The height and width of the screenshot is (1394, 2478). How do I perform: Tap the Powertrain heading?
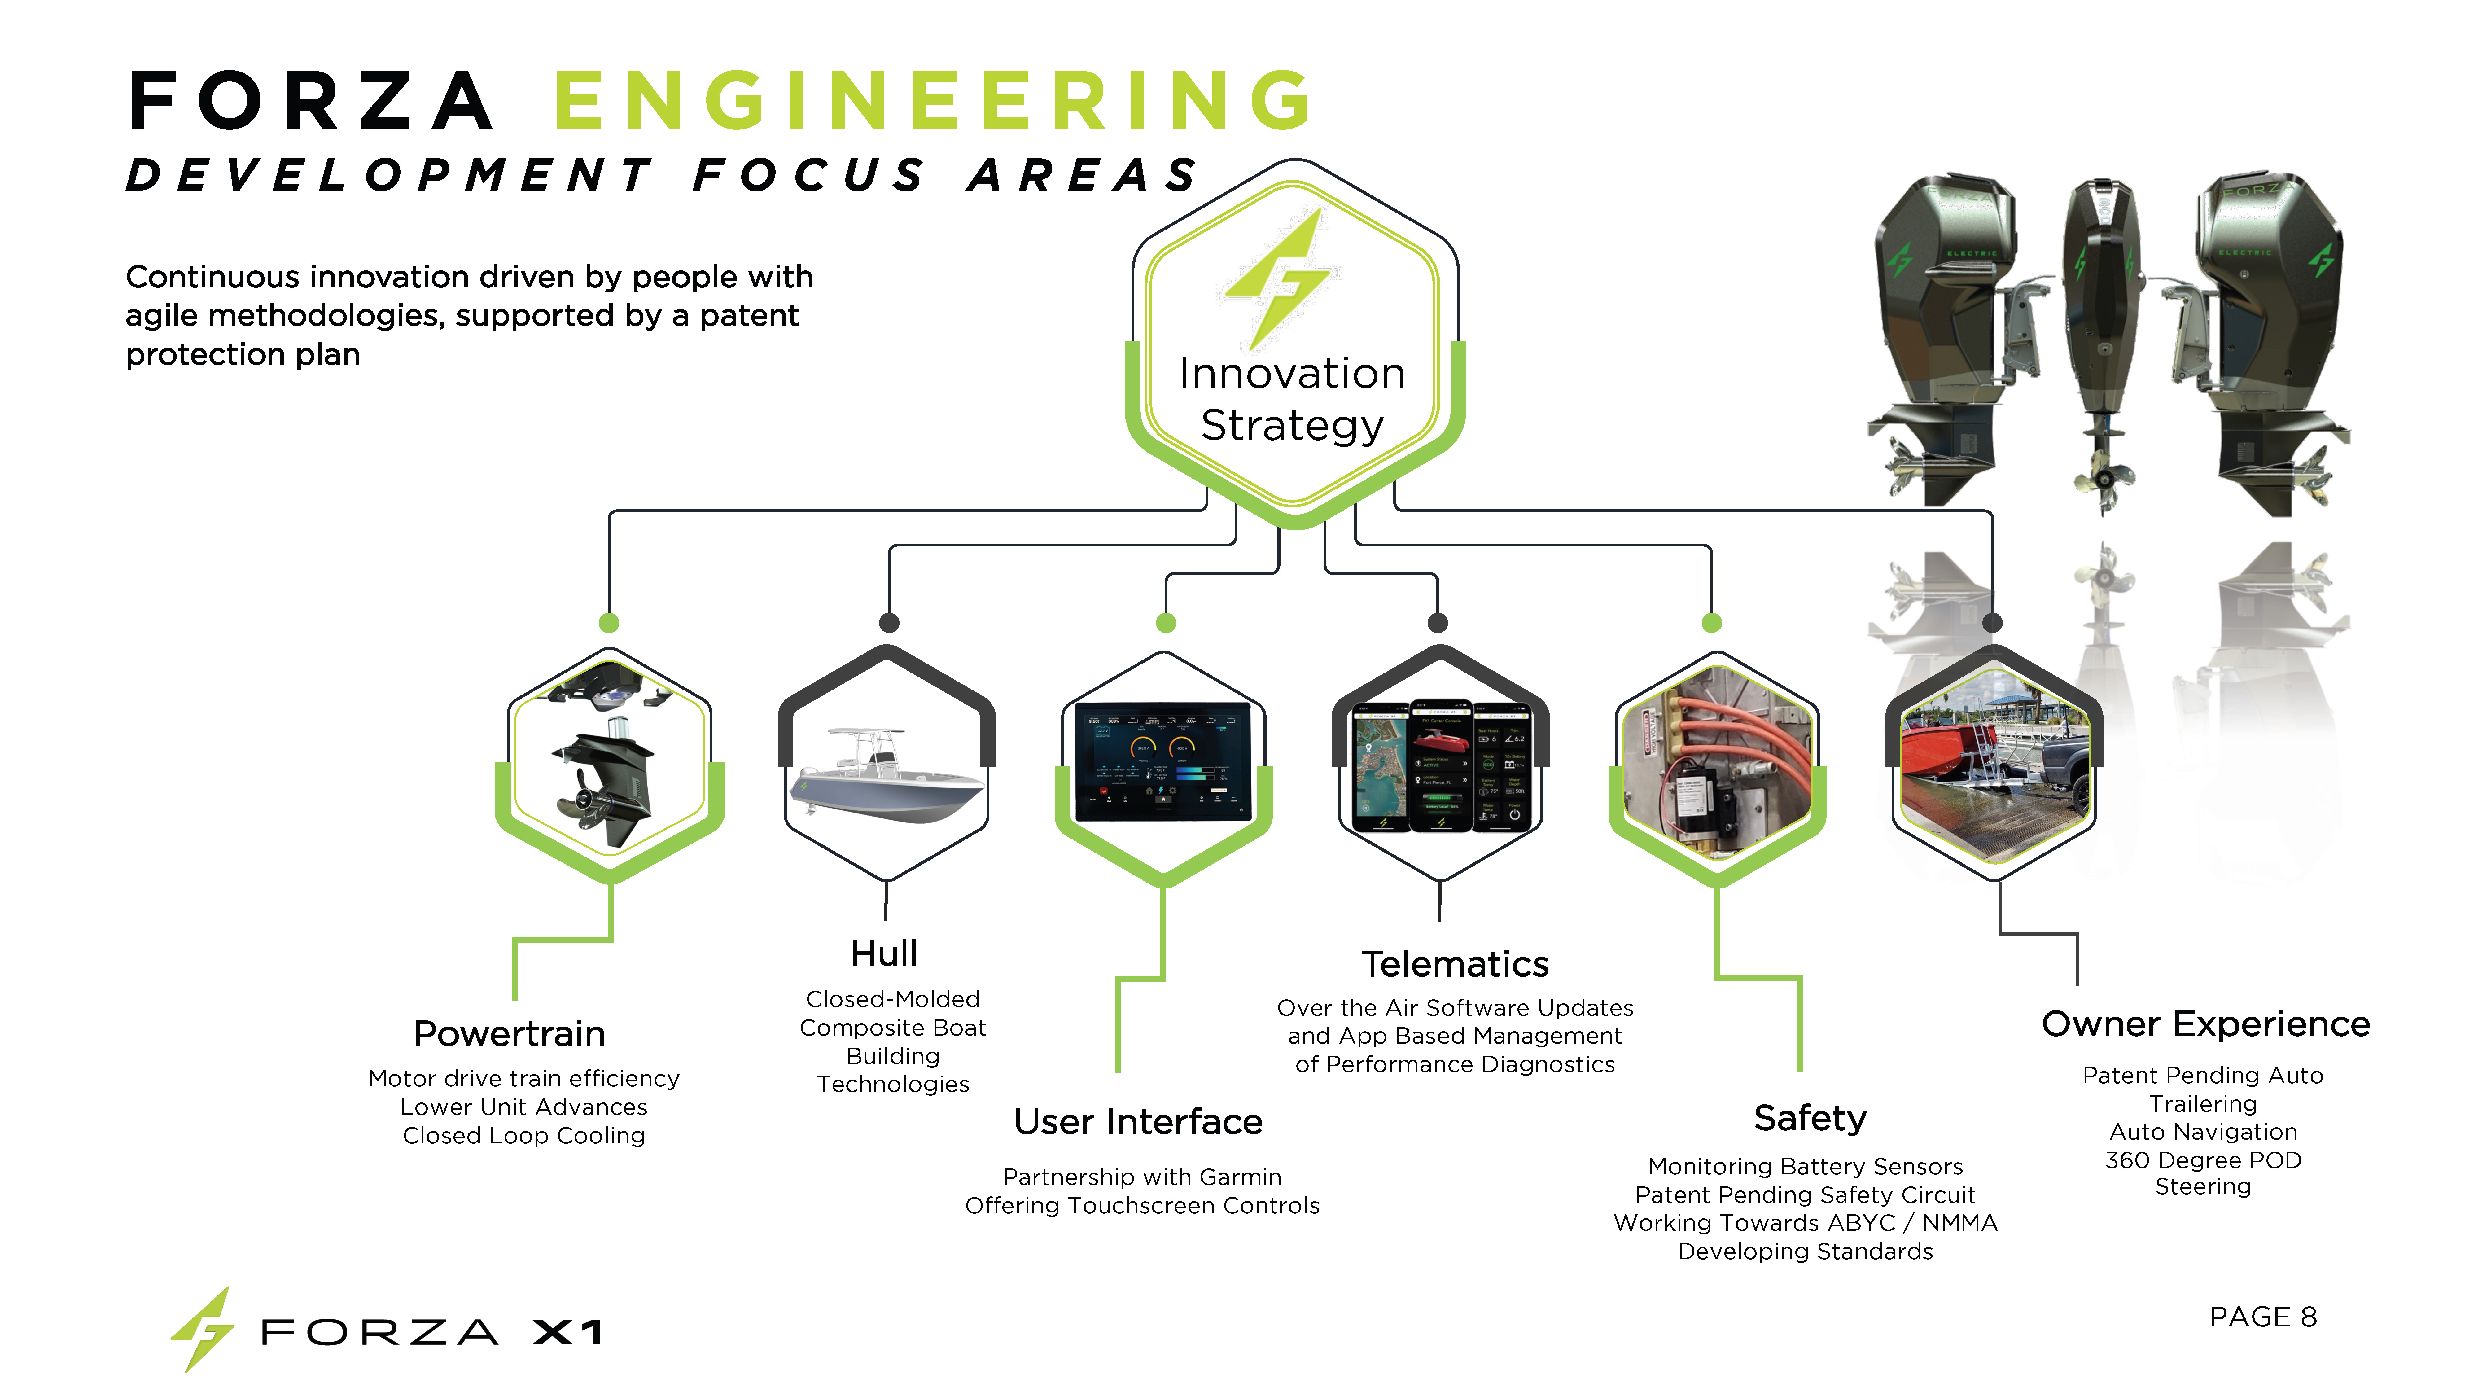(509, 1034)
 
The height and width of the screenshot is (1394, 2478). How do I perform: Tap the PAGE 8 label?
(2262, 1317)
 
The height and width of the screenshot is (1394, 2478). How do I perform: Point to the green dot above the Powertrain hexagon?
(609, 623)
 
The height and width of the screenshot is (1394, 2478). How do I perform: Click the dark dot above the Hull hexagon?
(889, 623)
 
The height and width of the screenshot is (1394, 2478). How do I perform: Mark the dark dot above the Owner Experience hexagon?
(1992, 623)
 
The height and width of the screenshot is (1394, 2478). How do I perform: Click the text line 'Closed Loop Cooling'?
(523, 1136)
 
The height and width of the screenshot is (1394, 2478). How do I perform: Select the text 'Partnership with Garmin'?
(1142, 1177)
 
